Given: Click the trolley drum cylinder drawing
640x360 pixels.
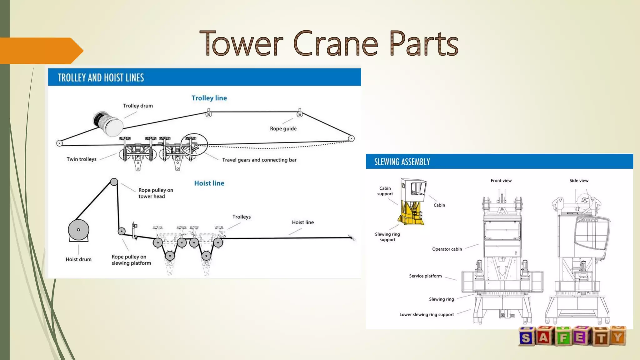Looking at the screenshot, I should (x=108, y=124).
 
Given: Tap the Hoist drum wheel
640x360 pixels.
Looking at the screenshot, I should (x=78, y=230).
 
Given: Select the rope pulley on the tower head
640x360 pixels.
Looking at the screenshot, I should (x=114, y=182).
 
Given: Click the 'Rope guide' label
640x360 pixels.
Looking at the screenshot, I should (x=283, y=128).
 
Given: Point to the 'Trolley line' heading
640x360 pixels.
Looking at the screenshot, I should (x=209, y=98).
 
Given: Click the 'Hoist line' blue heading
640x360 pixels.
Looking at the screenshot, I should (x=209, y=183).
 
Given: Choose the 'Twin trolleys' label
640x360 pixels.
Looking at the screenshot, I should (x=82, y=159).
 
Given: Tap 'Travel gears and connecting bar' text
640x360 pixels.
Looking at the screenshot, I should (x=259, y=160).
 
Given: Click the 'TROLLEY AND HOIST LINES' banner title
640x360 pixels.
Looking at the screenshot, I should (x=101, y=77).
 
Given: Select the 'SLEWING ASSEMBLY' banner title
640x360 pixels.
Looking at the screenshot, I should (x=402, y=162).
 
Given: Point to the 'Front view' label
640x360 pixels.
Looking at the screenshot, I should (x=501, y=181).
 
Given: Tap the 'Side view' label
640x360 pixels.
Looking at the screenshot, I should (x=579, y=181).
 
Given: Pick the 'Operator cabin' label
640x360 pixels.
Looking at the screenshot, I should (x=447, y=249).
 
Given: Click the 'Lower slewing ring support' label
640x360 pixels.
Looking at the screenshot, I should (x=427, y=315).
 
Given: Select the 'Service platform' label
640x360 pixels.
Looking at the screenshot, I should (x=425, y=276).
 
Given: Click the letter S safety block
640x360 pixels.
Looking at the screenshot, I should (x=526, y=337).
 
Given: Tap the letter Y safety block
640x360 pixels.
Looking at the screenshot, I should (x=617, y=336).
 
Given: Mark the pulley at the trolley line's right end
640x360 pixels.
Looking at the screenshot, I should (x=351, y=138).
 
